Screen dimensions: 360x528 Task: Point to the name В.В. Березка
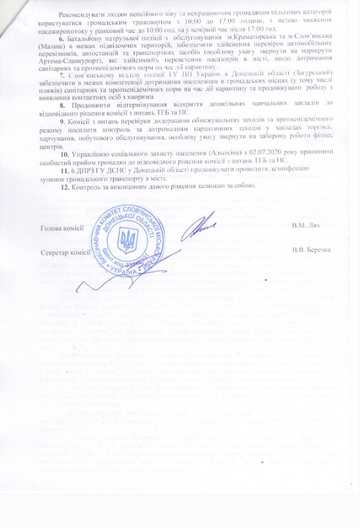(316, 249)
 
